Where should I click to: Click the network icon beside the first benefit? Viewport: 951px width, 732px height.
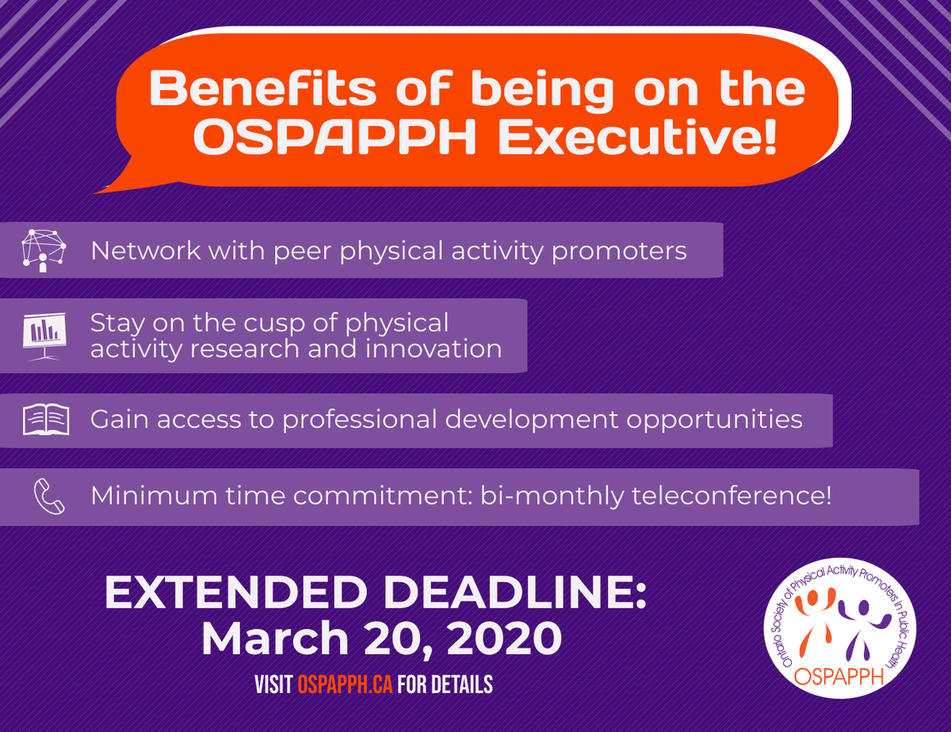[x=43, y=251]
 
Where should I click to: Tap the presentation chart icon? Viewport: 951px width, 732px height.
[x=45, y=334]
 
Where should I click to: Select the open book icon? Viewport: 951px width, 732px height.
[x=46, y=418]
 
